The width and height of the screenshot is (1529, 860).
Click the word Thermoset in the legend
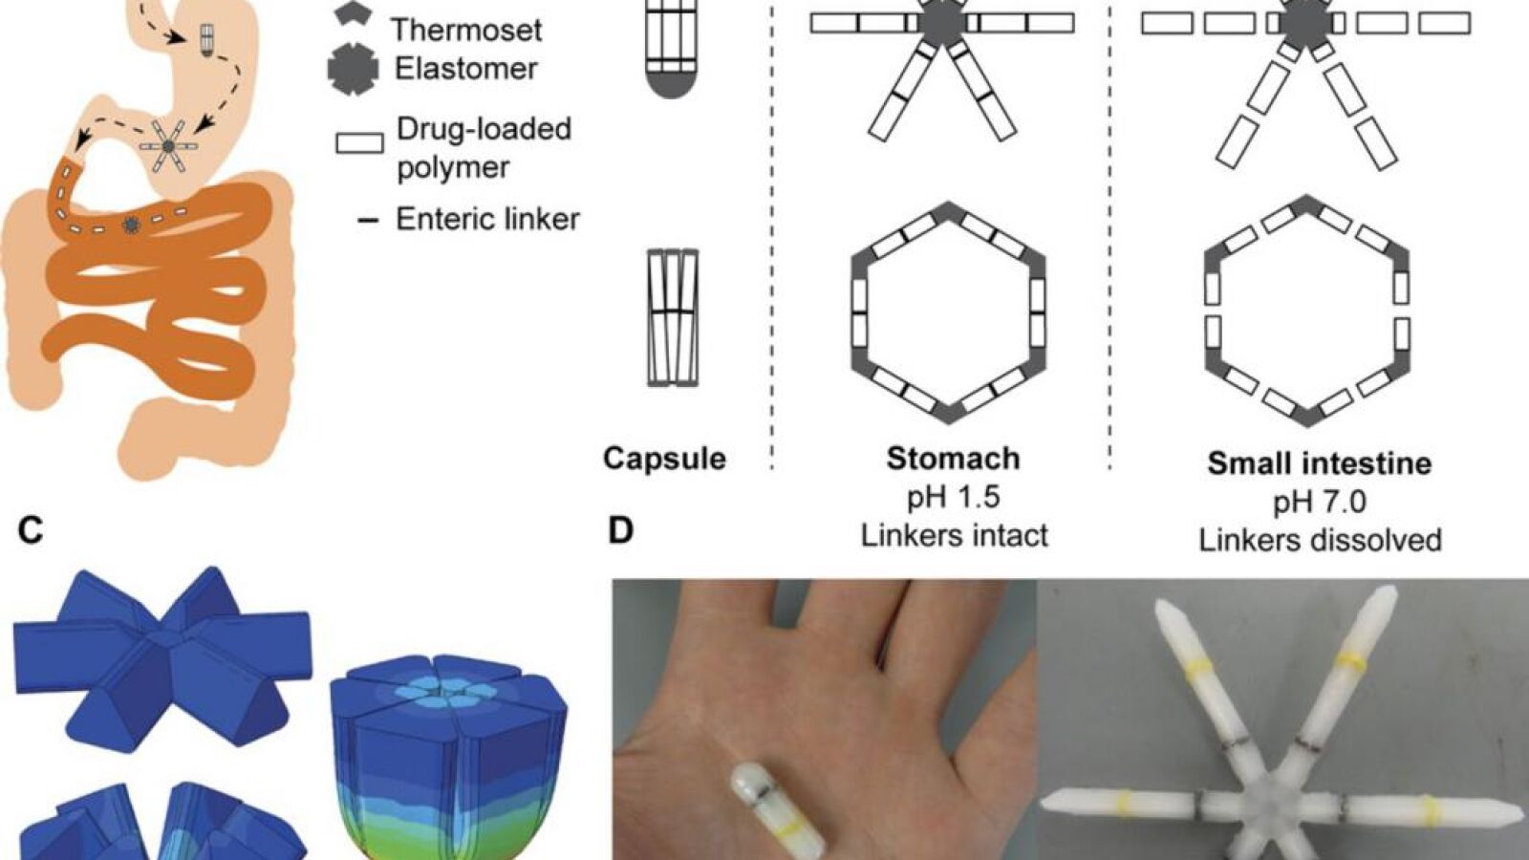pos(466,30)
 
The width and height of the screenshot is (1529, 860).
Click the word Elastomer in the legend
pos(465,69)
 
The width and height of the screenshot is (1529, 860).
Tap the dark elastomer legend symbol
pos(355,69)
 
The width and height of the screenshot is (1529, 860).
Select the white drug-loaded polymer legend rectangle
pos(359,143)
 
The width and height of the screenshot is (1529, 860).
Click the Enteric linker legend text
pos(487,220)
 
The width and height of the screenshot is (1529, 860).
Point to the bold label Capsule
pos(664,459)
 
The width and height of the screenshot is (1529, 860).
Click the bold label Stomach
pos(953,459)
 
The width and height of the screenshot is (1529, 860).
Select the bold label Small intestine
pos(1319,463)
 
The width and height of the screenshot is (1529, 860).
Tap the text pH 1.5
pos(953,497)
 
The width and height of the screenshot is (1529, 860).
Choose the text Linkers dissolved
pos(1320,540)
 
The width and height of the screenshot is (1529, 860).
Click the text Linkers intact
pos(954,535)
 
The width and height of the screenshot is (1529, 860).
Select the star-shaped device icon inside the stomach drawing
pos(168,146)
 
